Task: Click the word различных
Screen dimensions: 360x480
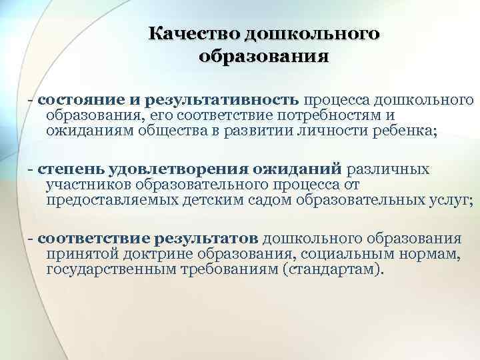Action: pos(387,169)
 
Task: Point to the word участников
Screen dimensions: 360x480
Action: pos(87,185)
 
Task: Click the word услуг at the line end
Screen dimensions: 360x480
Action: pos(451,200)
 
